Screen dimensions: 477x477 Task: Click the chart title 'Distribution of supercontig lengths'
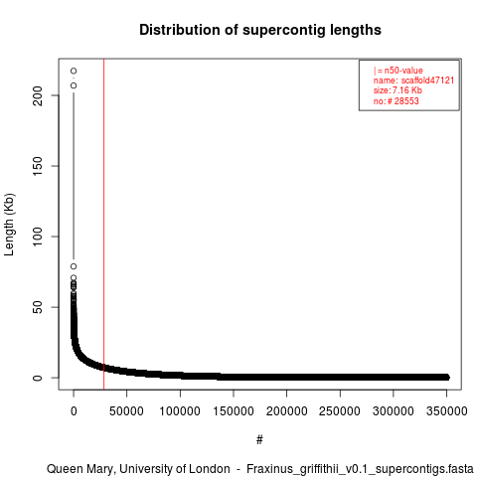click(260, 30)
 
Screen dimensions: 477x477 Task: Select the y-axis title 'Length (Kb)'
click(9, 225)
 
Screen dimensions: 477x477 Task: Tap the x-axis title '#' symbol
click(259, 440)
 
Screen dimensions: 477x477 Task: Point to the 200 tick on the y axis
click(38, 95)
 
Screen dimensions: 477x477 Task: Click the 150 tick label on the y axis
click(38, 166)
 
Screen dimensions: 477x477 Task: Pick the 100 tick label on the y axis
click(38, 237)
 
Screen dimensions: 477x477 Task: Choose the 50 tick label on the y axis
click(38, 307)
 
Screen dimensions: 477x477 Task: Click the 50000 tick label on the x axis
click(126, 411)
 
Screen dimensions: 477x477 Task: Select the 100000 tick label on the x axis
click(180, 411)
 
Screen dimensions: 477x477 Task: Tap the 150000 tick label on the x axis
click(234, 411)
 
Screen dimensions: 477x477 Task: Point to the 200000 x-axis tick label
click(286, 411)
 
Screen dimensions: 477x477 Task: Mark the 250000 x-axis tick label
click(340, 411)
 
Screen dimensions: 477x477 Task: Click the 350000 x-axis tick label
click(446, 411)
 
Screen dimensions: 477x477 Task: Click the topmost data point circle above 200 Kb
click(74, 71)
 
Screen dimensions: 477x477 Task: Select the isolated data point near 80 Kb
click(74, 266)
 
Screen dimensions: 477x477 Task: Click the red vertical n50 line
click(103, 225)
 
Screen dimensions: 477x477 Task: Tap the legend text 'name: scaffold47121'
click(413, 80)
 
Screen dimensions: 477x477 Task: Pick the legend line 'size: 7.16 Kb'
click(397, 90)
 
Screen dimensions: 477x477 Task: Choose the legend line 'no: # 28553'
click(397, 100)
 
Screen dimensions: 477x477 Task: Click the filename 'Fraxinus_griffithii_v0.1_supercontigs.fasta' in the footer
click(360, 469)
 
